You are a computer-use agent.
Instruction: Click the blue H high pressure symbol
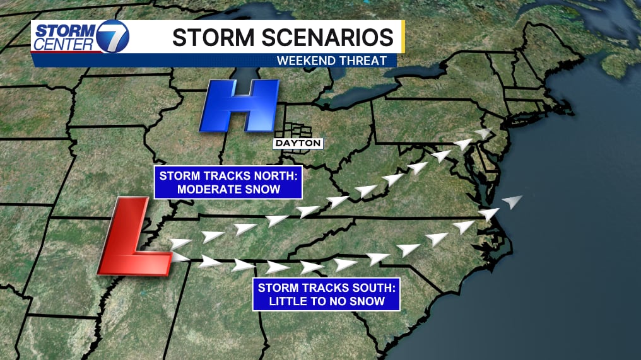(239, 105)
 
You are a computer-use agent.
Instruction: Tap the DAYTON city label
(298, 144)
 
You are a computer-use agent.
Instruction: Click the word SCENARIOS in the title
(328, 37)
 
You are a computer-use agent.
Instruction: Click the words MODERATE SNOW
(228, 189)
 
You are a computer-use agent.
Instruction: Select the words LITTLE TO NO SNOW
(327, 301)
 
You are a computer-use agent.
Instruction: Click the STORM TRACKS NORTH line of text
(228, 175)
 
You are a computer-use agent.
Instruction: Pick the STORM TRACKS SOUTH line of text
(327, 287)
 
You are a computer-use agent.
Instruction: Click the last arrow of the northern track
(483, 133)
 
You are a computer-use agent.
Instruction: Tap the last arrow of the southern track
(513, 202)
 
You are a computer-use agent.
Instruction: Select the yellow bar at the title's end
(401, 37)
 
